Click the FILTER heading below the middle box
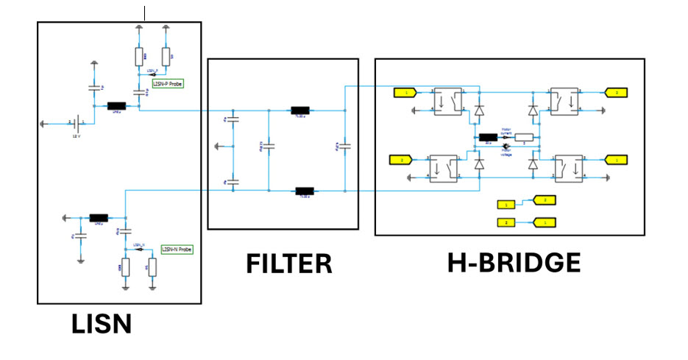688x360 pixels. (288, 263)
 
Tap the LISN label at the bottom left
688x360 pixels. (102, 325)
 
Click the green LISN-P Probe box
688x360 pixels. (167, 84)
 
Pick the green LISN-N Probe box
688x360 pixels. (177, 250)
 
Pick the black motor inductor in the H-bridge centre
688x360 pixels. (488, 137)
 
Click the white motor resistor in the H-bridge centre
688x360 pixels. (523, 137)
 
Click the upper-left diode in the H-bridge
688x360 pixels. (479, 111)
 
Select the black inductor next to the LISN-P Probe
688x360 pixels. (116, 106)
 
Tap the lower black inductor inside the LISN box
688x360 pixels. (99, 218)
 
